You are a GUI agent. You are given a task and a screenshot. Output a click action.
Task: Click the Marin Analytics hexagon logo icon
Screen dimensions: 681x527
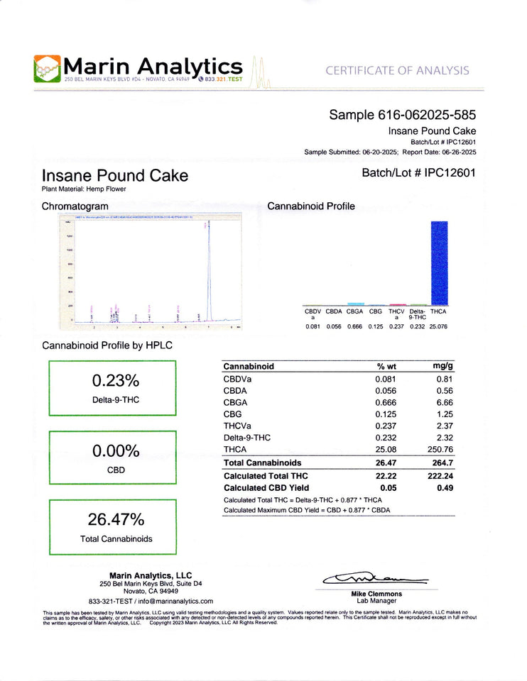pyautogui.click(x=48, y=69)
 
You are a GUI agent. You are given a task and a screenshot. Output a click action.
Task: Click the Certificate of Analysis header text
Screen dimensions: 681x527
pyautogui.click(x=397, y=70)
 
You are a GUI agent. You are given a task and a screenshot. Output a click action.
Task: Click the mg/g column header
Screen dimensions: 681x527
pyautogui.click(x=442, y=366)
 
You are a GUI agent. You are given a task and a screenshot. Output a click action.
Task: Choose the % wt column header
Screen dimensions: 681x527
pyautogui.click(x=386, y=366)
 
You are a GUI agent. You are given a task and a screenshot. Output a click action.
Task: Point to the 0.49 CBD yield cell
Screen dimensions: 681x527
pyautogui.click(x=445, y=488)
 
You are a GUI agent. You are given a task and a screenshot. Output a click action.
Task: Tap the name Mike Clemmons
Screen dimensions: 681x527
pyautogui.click(x=376, y=594)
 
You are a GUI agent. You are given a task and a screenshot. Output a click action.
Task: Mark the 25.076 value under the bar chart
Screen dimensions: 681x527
pyautogui.click(x=438, y=326)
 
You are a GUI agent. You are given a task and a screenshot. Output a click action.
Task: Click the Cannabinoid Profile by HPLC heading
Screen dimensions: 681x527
pyautogui.click(x=107, y=345)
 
